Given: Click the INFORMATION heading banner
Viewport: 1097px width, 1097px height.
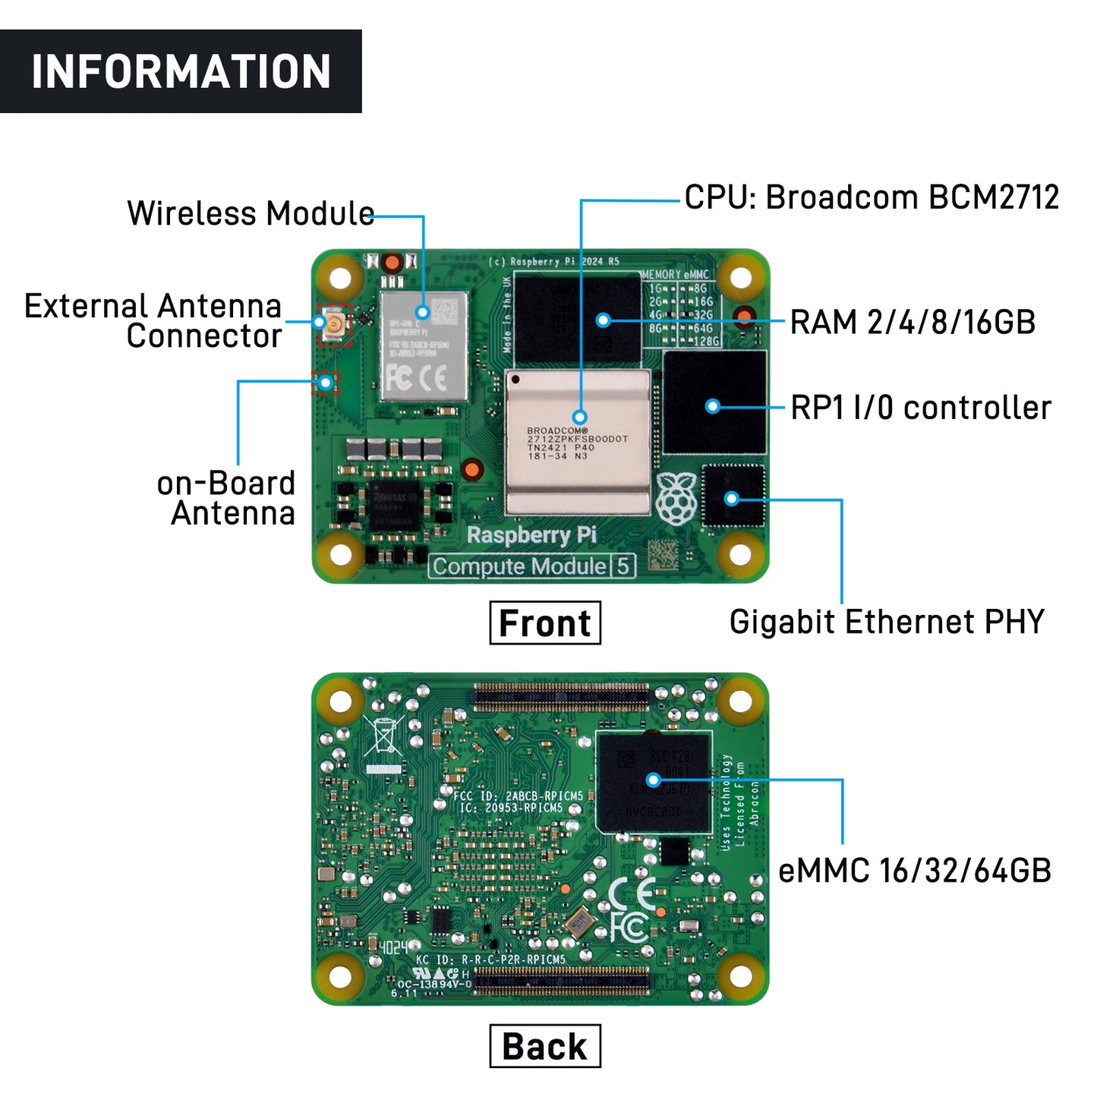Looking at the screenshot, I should pyautogui.click(x=181, y=71).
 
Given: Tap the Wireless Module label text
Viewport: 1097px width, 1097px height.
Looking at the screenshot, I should pyautogui.click(x=251, y=213).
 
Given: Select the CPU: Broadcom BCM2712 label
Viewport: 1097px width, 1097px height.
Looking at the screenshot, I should pyautogui.click(x=871, y=197).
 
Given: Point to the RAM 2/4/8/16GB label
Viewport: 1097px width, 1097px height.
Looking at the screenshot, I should pyautogui.click(x=913, y=322).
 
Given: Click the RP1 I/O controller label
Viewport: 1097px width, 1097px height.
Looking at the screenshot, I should pyautogui.click(x=920, y=408).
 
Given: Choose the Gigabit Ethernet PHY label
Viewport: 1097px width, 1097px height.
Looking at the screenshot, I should pyautogui.click(x=887, y=622).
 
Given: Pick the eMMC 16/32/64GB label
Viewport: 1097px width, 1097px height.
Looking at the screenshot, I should pyautogui.click(x=915, y=871).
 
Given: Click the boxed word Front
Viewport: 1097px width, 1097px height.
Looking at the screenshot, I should pyautogui.click(x=545, y=623).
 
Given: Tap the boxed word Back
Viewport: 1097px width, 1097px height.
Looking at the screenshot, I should pyautogui.click(x=545, y=1046).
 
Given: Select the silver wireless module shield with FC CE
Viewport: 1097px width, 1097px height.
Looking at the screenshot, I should pyautogui.click(x=423, y=346).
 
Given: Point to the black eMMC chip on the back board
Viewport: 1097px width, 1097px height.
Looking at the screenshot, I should pyautogui.click(x=654, y=782).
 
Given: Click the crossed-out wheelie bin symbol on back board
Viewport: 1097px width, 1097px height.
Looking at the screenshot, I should pyautogui.click(x=384, y=735).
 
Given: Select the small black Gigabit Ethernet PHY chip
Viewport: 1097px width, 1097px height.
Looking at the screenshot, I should pyautogui.click(x=733, y=496).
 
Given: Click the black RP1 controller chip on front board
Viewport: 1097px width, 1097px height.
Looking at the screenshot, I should pyautogui.click(x=714, y=402).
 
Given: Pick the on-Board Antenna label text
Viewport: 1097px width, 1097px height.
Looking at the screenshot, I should pyautogui.click(x=226, y=498).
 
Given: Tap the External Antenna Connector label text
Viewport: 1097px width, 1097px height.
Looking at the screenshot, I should pyautogui.click(x=154, y=321).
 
